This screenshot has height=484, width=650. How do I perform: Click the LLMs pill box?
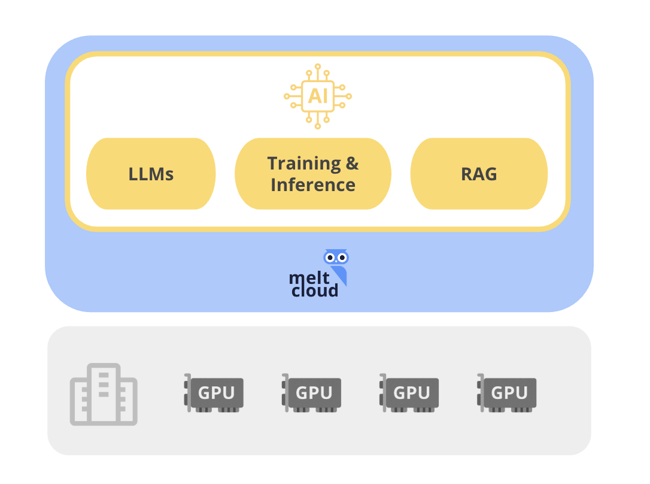(x=151, y=174)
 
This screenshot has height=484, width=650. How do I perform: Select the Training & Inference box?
(x=312, y=174)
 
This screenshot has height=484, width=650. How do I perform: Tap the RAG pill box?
(x=479, y=174)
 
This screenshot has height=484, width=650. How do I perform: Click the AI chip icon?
(x=318, y=96)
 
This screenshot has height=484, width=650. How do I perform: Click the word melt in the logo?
(x=306, y=278)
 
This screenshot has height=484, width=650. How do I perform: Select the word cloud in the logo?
(x=315, y=291)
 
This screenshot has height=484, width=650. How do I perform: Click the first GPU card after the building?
(x=214, y=394)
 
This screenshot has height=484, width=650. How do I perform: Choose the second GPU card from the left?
(x=312, y=394)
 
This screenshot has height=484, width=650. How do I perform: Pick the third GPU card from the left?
(x=409, y=394)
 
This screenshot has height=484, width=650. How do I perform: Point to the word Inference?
(x=312, y=184)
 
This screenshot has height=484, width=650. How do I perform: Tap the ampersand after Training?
(x=352, y=163)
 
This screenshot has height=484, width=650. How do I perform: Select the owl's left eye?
(x=330, y=258)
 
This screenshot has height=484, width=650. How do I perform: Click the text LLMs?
(x=151, y=174)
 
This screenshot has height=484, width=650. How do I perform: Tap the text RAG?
(x=479, y=174)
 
